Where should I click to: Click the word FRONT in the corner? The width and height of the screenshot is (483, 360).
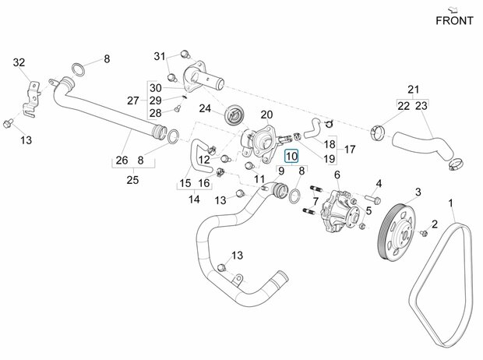pos(453,20)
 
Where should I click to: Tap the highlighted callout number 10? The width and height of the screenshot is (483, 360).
pos(291,157)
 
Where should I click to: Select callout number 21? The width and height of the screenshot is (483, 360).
pos(414,90)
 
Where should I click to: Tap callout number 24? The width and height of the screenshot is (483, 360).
pos(205,108)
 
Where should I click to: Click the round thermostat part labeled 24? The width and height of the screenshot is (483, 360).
pos(234,116)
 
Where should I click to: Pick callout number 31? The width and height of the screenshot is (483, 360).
pos(160,56)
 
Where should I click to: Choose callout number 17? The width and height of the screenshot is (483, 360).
pos(349,150)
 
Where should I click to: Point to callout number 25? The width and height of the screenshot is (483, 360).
pos(132,178)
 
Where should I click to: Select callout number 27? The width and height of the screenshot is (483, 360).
pos(133,101)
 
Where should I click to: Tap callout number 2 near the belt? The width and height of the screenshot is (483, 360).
pos(456,225)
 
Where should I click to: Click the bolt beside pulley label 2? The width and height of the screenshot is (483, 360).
pos(425,232)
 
